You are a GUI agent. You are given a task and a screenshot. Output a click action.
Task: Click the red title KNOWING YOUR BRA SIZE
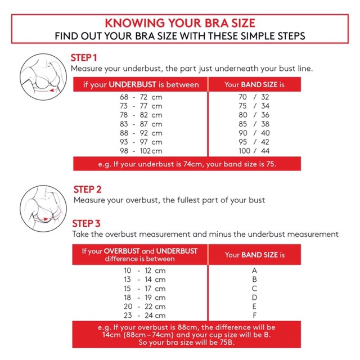(x=180, y=23)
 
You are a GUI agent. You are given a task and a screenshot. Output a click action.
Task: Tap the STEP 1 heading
(x=84, y=58)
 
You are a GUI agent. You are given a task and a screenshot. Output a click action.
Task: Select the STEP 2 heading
(x=87, y=190)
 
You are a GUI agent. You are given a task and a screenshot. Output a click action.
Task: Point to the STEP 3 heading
(x=86, y=224)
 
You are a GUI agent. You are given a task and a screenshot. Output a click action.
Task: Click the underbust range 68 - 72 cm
(x=141, y=97)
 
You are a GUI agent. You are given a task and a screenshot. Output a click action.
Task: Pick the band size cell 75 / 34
(x=254, y=106)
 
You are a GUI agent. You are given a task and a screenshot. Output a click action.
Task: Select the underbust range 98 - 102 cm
(x=141, y=151)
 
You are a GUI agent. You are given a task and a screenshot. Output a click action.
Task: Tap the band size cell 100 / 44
(x=254, y=151)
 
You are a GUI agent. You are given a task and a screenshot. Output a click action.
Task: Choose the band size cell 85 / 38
(x=254, y=124)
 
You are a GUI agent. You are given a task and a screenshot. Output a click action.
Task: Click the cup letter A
(x=254, y=271)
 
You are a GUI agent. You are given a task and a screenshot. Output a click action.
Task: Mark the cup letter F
(x=254, y=316)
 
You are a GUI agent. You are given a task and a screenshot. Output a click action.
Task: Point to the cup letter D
(x=254, y=298)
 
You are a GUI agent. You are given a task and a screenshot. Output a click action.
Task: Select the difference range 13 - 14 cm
(x=145, y=280)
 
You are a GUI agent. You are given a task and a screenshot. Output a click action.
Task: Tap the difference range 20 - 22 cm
(x=145, y=307)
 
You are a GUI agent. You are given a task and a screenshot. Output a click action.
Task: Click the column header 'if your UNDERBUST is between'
(x=141, y=85)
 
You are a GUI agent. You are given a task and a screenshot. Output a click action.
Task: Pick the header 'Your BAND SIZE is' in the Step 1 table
(x=254, y=85)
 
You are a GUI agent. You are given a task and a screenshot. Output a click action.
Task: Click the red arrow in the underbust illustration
(x=46, y=91)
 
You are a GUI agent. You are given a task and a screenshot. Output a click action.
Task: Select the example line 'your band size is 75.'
(x=241, y=164)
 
